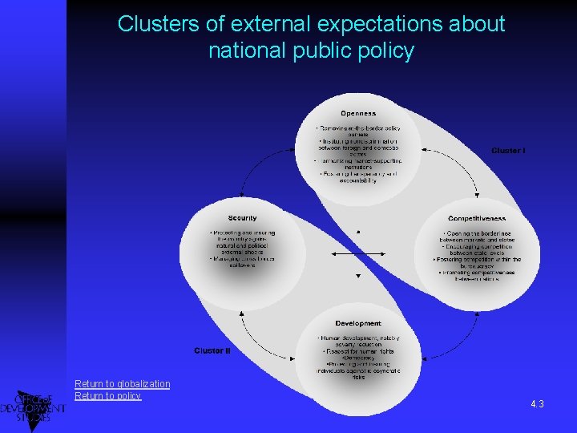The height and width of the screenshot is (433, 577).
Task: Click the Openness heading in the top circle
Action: pyautogui.click(x=357, y=113)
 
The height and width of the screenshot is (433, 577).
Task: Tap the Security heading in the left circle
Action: pyautogui.click(x=242, y=218)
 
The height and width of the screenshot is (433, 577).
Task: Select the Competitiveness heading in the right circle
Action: pyautogui.click(x=477, y=218)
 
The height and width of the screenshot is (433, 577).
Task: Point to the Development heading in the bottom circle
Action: pyautogui.click(x=357, y=323)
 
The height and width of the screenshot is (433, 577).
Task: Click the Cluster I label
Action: pyautogui.click(x=509, y=151)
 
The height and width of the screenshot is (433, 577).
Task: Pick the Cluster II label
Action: pyautogui.click(x=212, y=350)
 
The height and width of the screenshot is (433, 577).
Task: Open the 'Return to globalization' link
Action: pyautogui.click(x=122, y=384)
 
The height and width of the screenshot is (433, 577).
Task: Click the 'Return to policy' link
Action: pyautogui.click(x=107, y=395)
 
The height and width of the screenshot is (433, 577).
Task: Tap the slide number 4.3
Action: pyautogui.click(x=537, y=404)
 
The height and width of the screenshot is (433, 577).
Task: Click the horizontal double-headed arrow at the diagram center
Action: pyautogui.click(x=358, y=254)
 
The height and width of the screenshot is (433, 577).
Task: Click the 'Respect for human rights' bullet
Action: pyautogui.click(x=357, y=351)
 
